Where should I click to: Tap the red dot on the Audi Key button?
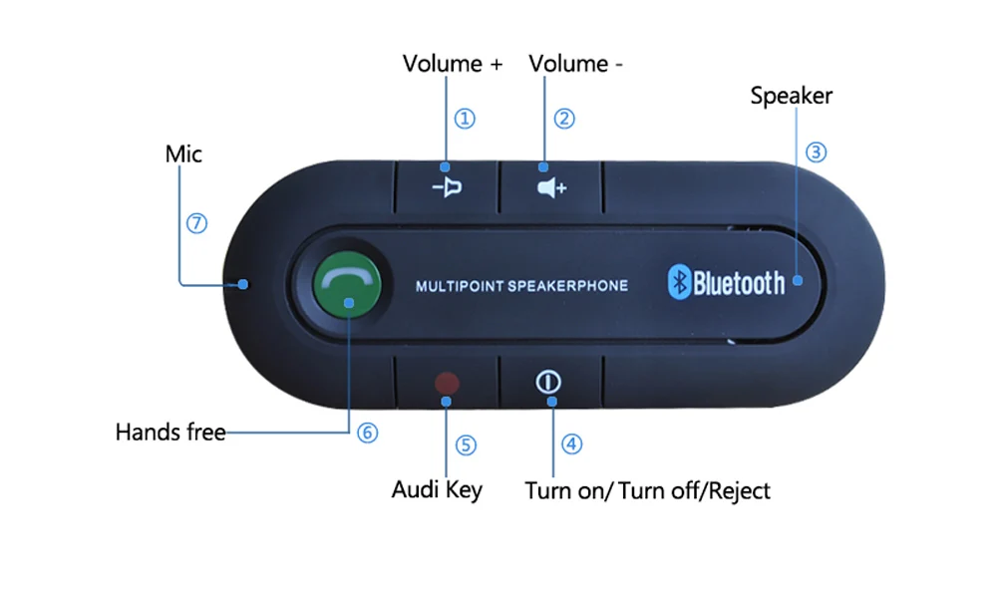pos(447,383)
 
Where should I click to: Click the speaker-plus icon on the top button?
pos(550,187)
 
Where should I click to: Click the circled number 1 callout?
pos(465,119)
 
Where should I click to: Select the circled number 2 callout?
pos(564,119)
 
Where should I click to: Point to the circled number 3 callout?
pos(817,152)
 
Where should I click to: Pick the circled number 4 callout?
pos(571,443)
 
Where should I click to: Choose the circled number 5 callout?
pos(465,443)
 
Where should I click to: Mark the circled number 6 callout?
pos(368,433)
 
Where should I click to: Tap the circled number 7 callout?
pos(196,223)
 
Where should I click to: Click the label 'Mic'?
pos(183,153)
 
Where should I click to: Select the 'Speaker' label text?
pos(791,96)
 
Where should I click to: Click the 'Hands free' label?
pos(170,433)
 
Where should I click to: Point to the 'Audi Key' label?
pos(437,489)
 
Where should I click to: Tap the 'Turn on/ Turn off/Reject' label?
pos(647,490)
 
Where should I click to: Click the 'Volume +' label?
pos(453,64)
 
